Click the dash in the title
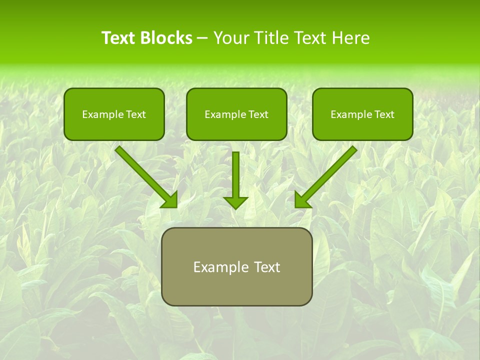pyautogui.click(x=202, y=38)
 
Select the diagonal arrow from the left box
pyautogui.click(x=145, y=175)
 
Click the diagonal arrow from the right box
pyautogui.click(x=327, y=175)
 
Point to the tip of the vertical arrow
pyautogui.click(x=235, y=207)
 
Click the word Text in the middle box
pyautogui.click(x=258, y=114)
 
